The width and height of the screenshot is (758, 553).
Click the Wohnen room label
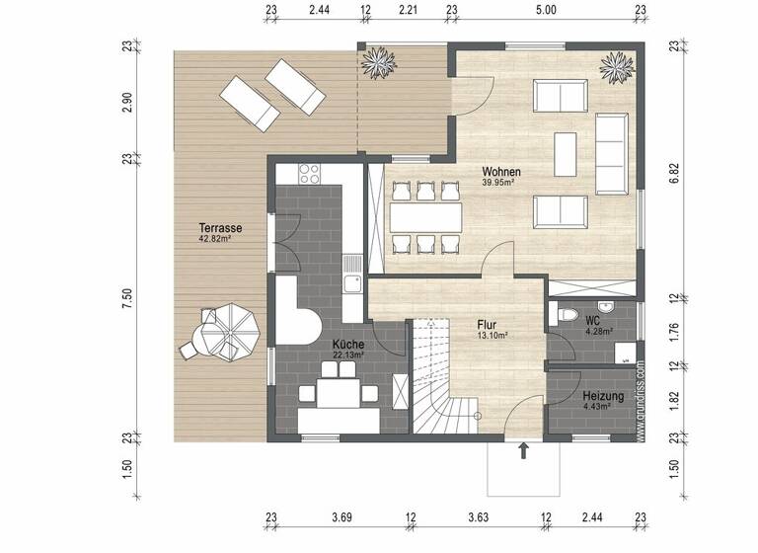pyautogui.click(x=501, y=172)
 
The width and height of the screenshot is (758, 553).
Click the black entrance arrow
pyautogui.click(x=523, y=451)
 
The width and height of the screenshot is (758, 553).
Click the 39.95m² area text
pyautogui.click(x=500, y=183)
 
